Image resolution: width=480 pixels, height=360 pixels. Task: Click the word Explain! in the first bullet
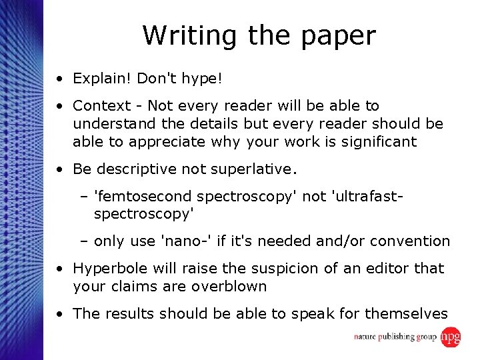[102, 79]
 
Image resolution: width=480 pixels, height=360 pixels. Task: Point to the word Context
[101, 105]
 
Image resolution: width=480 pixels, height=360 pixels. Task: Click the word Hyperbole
[109, 269]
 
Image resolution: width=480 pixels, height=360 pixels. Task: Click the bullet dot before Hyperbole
[60, 269]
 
